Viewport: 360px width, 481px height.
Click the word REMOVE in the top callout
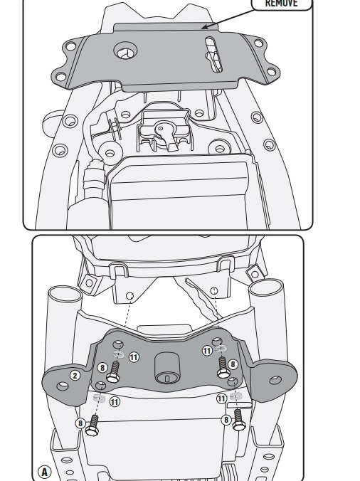coord(281,3)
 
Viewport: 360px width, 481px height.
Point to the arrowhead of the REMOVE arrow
coord(204,27)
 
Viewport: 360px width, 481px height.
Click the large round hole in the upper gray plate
coord(125,51)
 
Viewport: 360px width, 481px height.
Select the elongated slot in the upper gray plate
coord(213,55)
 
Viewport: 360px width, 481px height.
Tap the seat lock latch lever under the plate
coord(166,134)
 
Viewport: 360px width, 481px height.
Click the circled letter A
coord(44,472)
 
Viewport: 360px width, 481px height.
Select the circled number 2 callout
coord(75,375)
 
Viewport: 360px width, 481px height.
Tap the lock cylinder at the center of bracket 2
coord(167,368)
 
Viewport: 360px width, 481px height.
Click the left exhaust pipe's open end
coord(65,293)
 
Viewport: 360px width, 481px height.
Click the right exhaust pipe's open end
coord(265,287)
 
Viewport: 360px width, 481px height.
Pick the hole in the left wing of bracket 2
coord(63,386)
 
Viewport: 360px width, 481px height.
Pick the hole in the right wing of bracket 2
coord(275,381)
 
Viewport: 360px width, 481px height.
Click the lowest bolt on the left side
coord(92,425)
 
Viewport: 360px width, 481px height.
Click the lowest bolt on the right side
coord(238,421)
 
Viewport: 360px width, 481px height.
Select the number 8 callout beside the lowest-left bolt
coord(80,423)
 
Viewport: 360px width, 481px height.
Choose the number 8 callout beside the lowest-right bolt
coord(226,420)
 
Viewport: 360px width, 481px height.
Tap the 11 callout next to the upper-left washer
coord(134,357)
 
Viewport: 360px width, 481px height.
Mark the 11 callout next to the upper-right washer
coord(207,351)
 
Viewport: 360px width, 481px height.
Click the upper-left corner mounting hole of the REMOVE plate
coord(71,47)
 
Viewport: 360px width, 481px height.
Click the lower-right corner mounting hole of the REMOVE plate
coord(271,72)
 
